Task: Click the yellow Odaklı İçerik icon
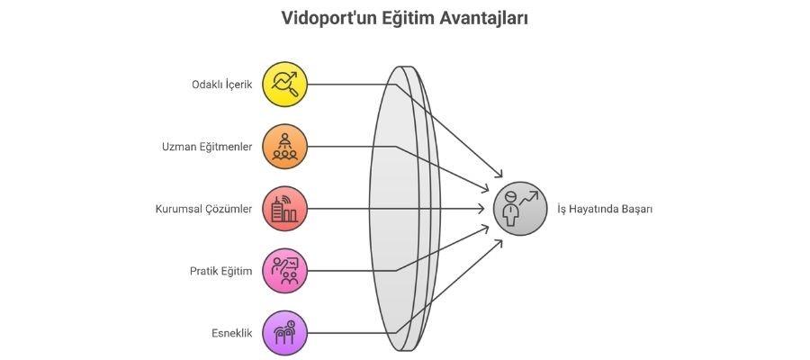point(285,85)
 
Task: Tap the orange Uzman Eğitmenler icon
point(285,147)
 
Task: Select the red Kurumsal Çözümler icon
point(285,209)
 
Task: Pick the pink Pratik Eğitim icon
point(285,271)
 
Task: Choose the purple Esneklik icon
point(285,333)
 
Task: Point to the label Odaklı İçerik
point(222,85)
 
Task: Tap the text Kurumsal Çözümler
point(204,210)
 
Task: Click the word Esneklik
point(231,334)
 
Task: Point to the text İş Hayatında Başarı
point(605,210)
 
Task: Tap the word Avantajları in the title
point(483,18)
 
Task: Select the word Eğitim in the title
point(405,18)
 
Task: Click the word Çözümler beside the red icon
point(229,210)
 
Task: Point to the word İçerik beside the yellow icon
point(237,85)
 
